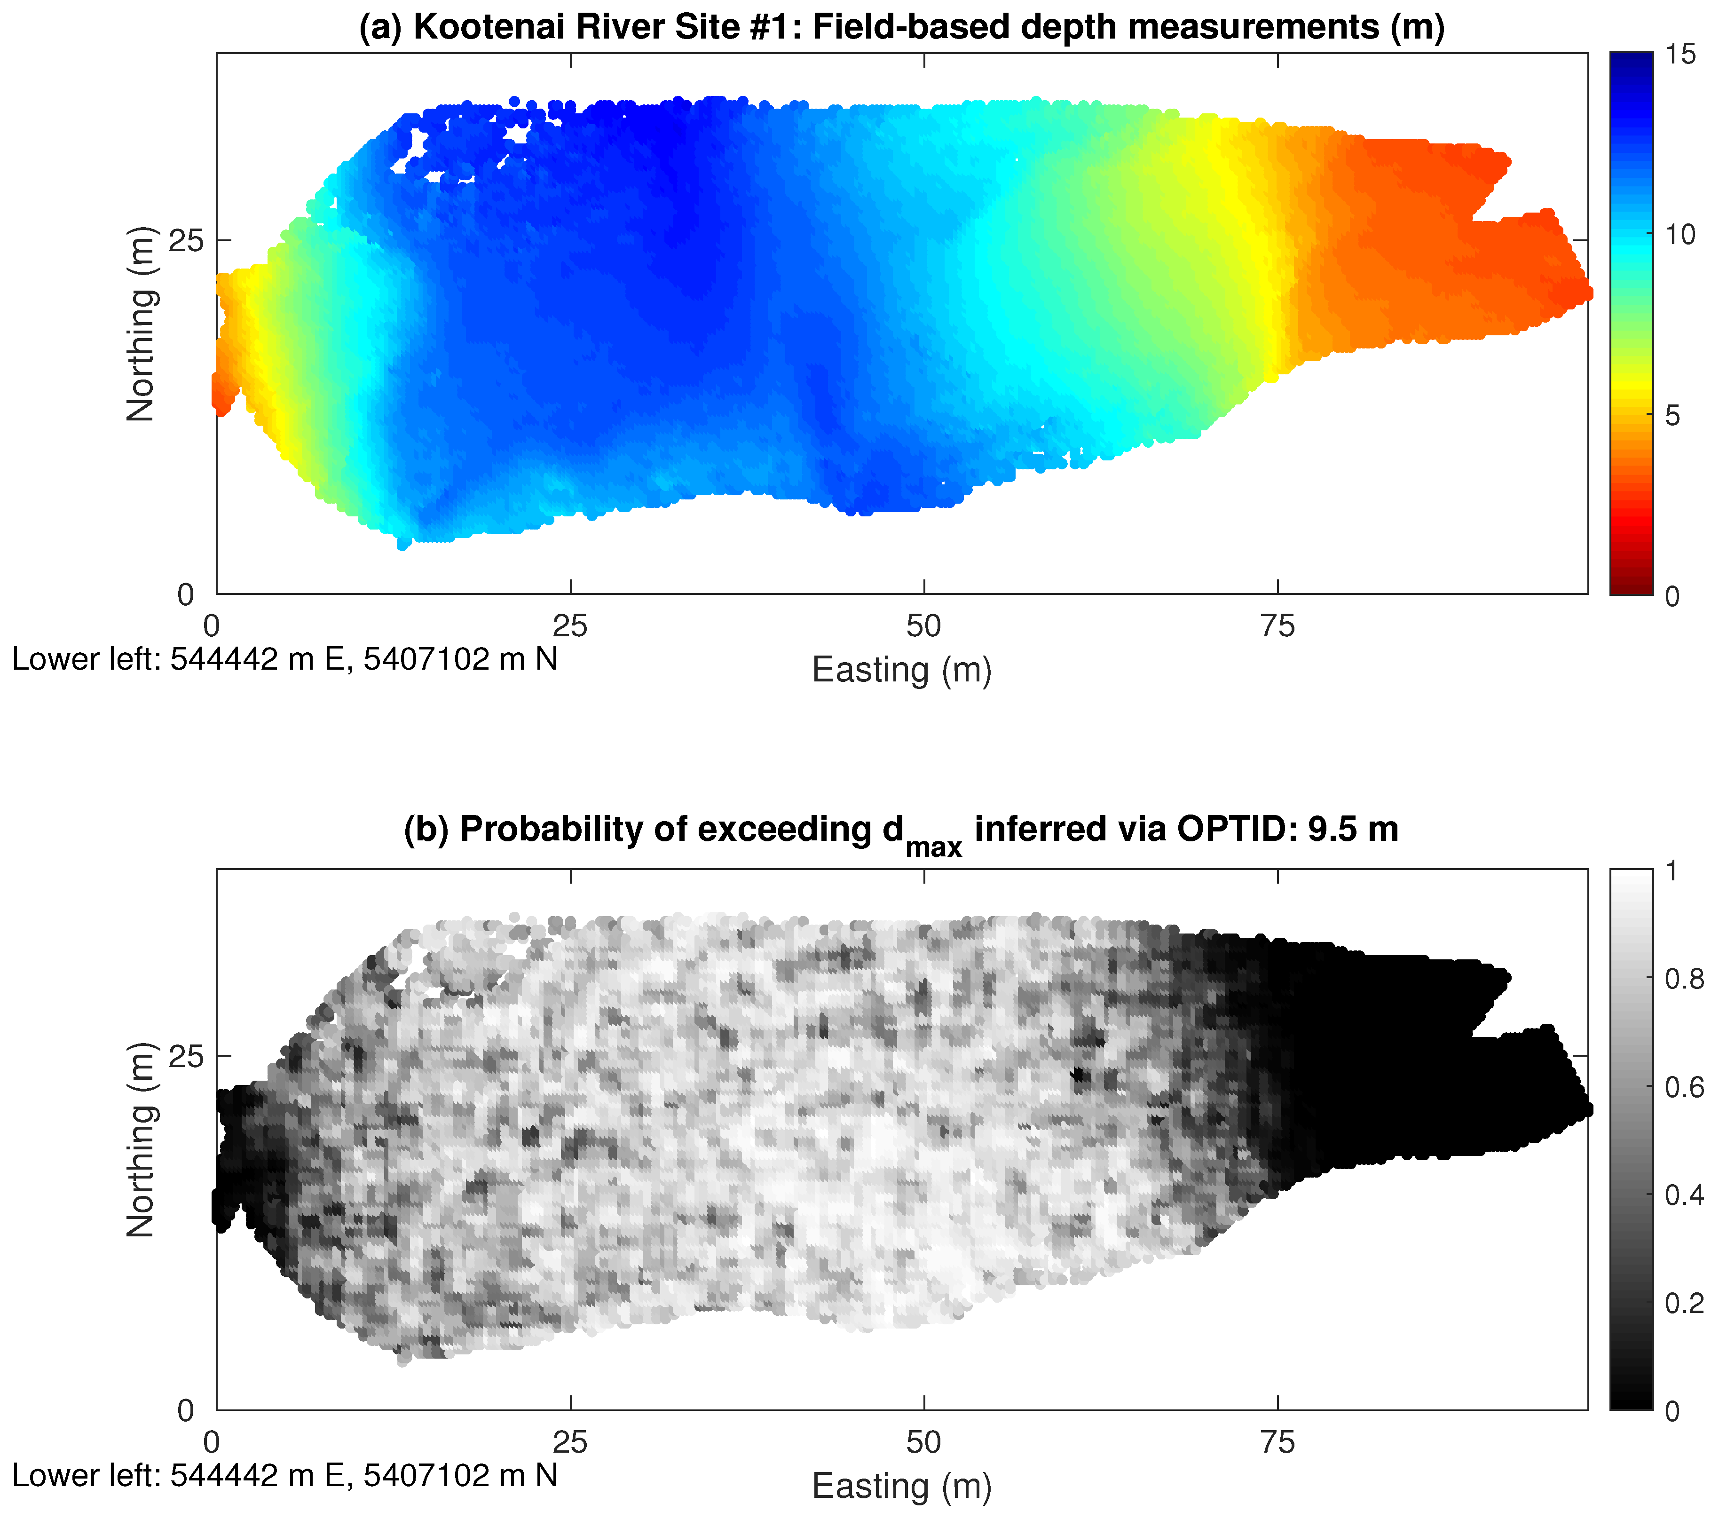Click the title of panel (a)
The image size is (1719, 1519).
click(901, 27)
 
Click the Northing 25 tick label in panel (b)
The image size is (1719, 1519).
click(186, 1056)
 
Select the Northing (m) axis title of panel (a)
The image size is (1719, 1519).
click(141, 324)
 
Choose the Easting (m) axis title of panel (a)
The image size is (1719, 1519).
click(901, 670)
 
